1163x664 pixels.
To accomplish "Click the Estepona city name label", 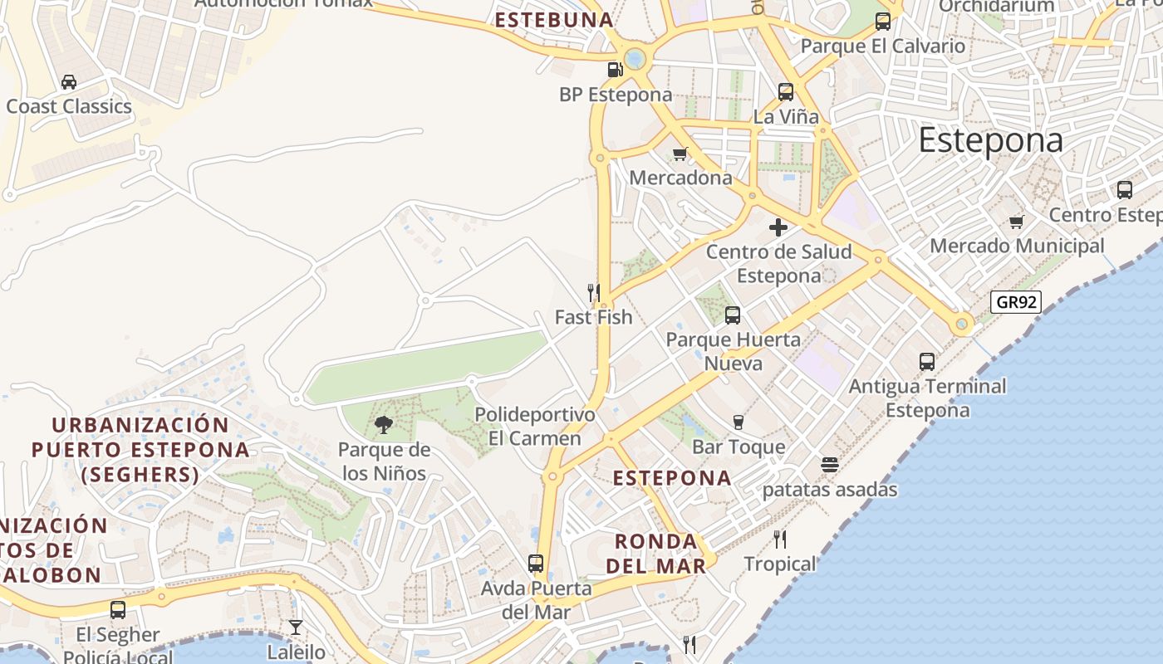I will (x=990, y=141).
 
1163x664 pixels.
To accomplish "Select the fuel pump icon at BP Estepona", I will (x=615, y=70).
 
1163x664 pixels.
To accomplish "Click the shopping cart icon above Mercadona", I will (x=680, y=154).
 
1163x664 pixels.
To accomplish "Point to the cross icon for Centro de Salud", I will (x=778, y=227).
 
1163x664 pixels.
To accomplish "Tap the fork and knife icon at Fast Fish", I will (x=594, y=292).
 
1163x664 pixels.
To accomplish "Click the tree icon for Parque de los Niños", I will (x=383, y=425).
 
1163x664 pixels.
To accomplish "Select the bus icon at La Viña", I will (x=786, y=92).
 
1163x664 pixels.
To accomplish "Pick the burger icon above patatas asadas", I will (x=829, y=465).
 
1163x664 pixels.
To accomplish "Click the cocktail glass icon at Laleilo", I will (x=296, y=627).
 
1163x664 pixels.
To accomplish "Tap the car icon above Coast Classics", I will (x=69, y=81).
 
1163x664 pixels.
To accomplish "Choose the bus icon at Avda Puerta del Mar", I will (x=536, y=564).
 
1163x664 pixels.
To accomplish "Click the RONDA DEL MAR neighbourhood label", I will (x=655, y=554).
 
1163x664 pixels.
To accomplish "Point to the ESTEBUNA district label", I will (x=554, y=20).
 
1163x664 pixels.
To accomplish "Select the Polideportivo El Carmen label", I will (x=535, y=426).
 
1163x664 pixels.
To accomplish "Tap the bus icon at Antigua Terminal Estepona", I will (x=927, y=362).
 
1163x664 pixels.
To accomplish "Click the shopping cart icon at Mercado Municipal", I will (x=1016, y=222).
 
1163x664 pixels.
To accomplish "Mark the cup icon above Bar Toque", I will (x=738, y=422).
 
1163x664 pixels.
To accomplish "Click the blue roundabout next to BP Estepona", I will (x=635, y=58).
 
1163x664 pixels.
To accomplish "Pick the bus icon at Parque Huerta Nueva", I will (x=732, y=315).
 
